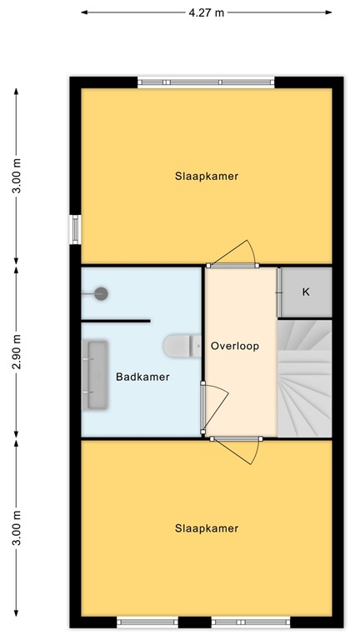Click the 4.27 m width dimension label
tap(207, 12)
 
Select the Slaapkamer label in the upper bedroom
tap(207, 176)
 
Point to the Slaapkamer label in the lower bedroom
tap(207, 528)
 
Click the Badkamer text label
tap(142, 377)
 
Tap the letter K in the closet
tap(306, 292)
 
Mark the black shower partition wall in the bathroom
tap(116, 320)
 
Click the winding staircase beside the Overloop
tap(304, 379)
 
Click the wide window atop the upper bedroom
tap(206, 82)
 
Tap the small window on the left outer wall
tap(75, 229)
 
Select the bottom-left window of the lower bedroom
tap(147, 622)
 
